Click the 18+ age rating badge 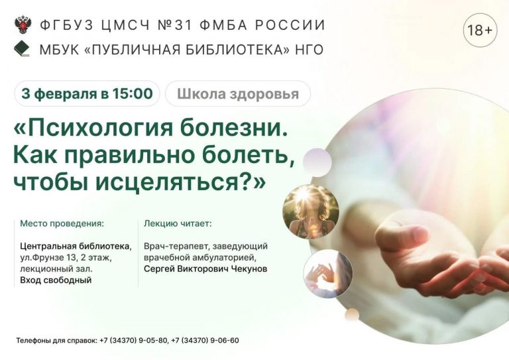click(480, 30)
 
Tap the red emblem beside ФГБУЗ click(22, 26)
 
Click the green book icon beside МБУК click(22, 49)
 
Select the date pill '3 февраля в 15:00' click(87, 93)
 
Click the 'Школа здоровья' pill click(237, 93)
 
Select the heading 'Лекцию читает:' click(178, 223)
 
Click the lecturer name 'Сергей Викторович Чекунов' click(205, 269)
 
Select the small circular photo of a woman click(310, 211)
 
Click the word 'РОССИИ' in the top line click(294, 26)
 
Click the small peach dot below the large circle click(352, 314)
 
